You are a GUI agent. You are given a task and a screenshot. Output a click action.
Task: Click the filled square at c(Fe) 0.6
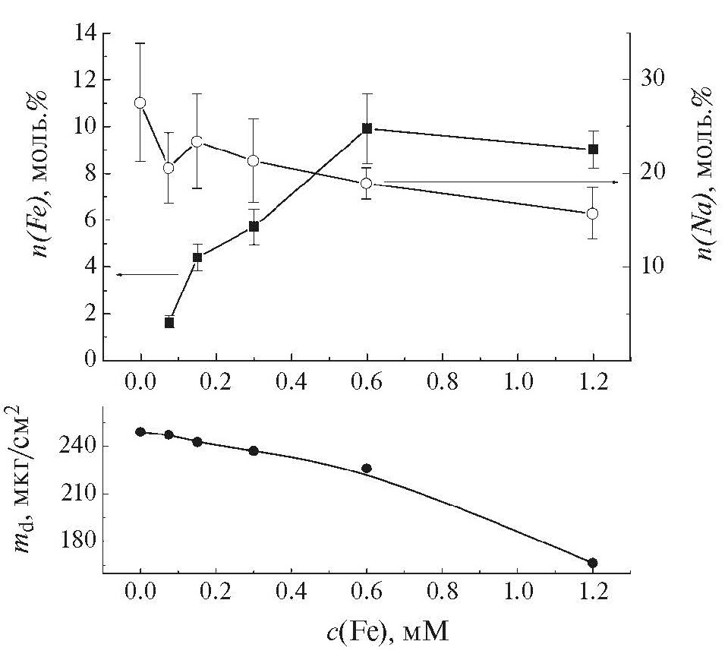pos(367,128)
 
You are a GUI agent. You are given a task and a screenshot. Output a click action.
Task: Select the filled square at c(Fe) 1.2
pos(593,149)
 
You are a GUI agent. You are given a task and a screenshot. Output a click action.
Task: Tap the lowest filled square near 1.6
pos(169,323)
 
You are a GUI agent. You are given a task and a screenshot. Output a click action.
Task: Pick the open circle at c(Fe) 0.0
pos(140,103)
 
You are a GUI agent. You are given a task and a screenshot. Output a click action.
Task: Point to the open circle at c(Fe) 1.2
pos(593,213)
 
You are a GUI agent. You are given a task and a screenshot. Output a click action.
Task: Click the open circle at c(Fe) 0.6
pos(367,183)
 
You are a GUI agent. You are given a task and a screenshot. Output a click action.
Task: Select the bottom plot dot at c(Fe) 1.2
pos(593,563)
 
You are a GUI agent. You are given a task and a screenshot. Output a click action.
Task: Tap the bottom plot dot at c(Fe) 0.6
pos(367,469)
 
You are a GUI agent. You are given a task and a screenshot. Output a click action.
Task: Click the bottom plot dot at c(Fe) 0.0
pos(140,432)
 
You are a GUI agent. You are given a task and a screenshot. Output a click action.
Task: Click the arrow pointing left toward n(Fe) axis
pos(144,274)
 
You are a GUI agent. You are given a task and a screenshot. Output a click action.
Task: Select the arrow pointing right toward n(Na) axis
pos(501,182)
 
